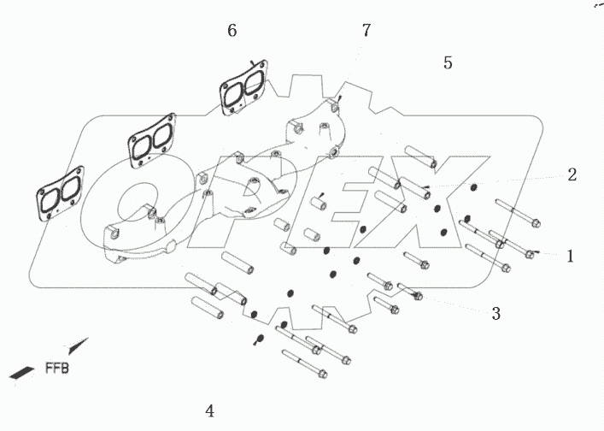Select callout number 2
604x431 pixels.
572,174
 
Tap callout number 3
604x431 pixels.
496,313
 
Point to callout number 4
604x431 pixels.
209,410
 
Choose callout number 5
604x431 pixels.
448,62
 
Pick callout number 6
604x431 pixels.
232,31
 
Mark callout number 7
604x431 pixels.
366,31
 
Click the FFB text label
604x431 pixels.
57,369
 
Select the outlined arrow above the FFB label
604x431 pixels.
76,346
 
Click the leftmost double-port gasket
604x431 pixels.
58,196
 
